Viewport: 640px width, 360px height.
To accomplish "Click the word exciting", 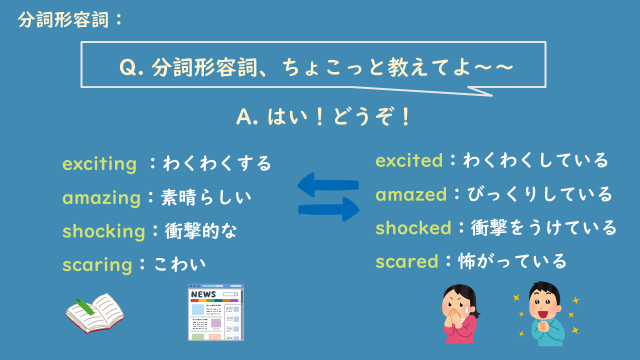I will click(99, 163).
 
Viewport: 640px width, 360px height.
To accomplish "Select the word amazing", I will click(101, 197).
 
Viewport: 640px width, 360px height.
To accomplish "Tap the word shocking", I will click(104, 231).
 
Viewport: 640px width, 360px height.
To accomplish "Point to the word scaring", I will click(97, 265).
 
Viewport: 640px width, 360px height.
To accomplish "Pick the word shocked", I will click(414, 228).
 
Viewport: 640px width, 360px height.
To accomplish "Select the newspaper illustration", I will click(211, 312).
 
